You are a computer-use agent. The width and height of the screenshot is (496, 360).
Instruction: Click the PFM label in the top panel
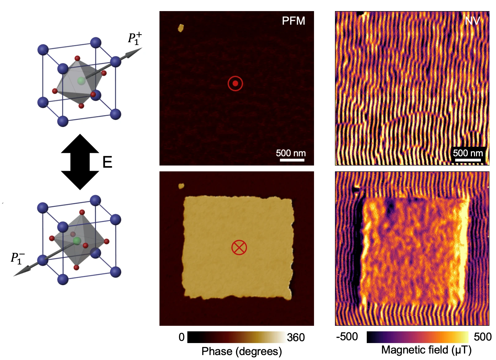coord(293,21)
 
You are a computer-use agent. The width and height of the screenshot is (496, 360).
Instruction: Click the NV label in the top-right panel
coord(472,21)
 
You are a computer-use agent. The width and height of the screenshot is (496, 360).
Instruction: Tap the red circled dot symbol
coord(235,84)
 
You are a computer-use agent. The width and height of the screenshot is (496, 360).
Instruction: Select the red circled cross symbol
coord(239,247)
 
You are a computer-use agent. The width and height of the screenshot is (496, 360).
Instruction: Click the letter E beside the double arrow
coord(107,162)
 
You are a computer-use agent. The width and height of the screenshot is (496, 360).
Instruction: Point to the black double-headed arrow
coord(80,162)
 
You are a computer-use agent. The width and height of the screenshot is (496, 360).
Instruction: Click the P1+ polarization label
coord(135,39)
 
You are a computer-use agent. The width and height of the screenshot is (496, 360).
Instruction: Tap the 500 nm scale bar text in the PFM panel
coord(291,153)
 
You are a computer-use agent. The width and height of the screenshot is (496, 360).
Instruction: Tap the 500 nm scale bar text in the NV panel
coord(468,153)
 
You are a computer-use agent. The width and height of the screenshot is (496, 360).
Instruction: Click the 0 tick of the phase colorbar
coord(182,337)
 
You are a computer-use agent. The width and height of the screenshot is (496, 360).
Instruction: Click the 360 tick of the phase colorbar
coord(296,337)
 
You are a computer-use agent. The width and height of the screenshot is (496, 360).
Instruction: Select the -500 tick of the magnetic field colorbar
coord(347,337)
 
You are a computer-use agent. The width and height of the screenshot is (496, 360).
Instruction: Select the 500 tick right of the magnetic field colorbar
coord(483,337)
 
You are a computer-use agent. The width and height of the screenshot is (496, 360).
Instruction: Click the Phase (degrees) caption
coord(242,351)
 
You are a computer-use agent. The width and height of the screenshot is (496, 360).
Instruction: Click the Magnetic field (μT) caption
coord(426,350)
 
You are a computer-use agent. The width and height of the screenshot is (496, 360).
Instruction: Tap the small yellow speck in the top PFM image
coord(181,28)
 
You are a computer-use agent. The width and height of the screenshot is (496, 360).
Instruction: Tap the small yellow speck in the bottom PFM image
coord(181,186)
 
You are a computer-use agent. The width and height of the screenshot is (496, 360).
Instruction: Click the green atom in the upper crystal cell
coord(81,81)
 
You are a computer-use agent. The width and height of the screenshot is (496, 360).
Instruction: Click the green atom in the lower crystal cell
coord(77,241)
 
